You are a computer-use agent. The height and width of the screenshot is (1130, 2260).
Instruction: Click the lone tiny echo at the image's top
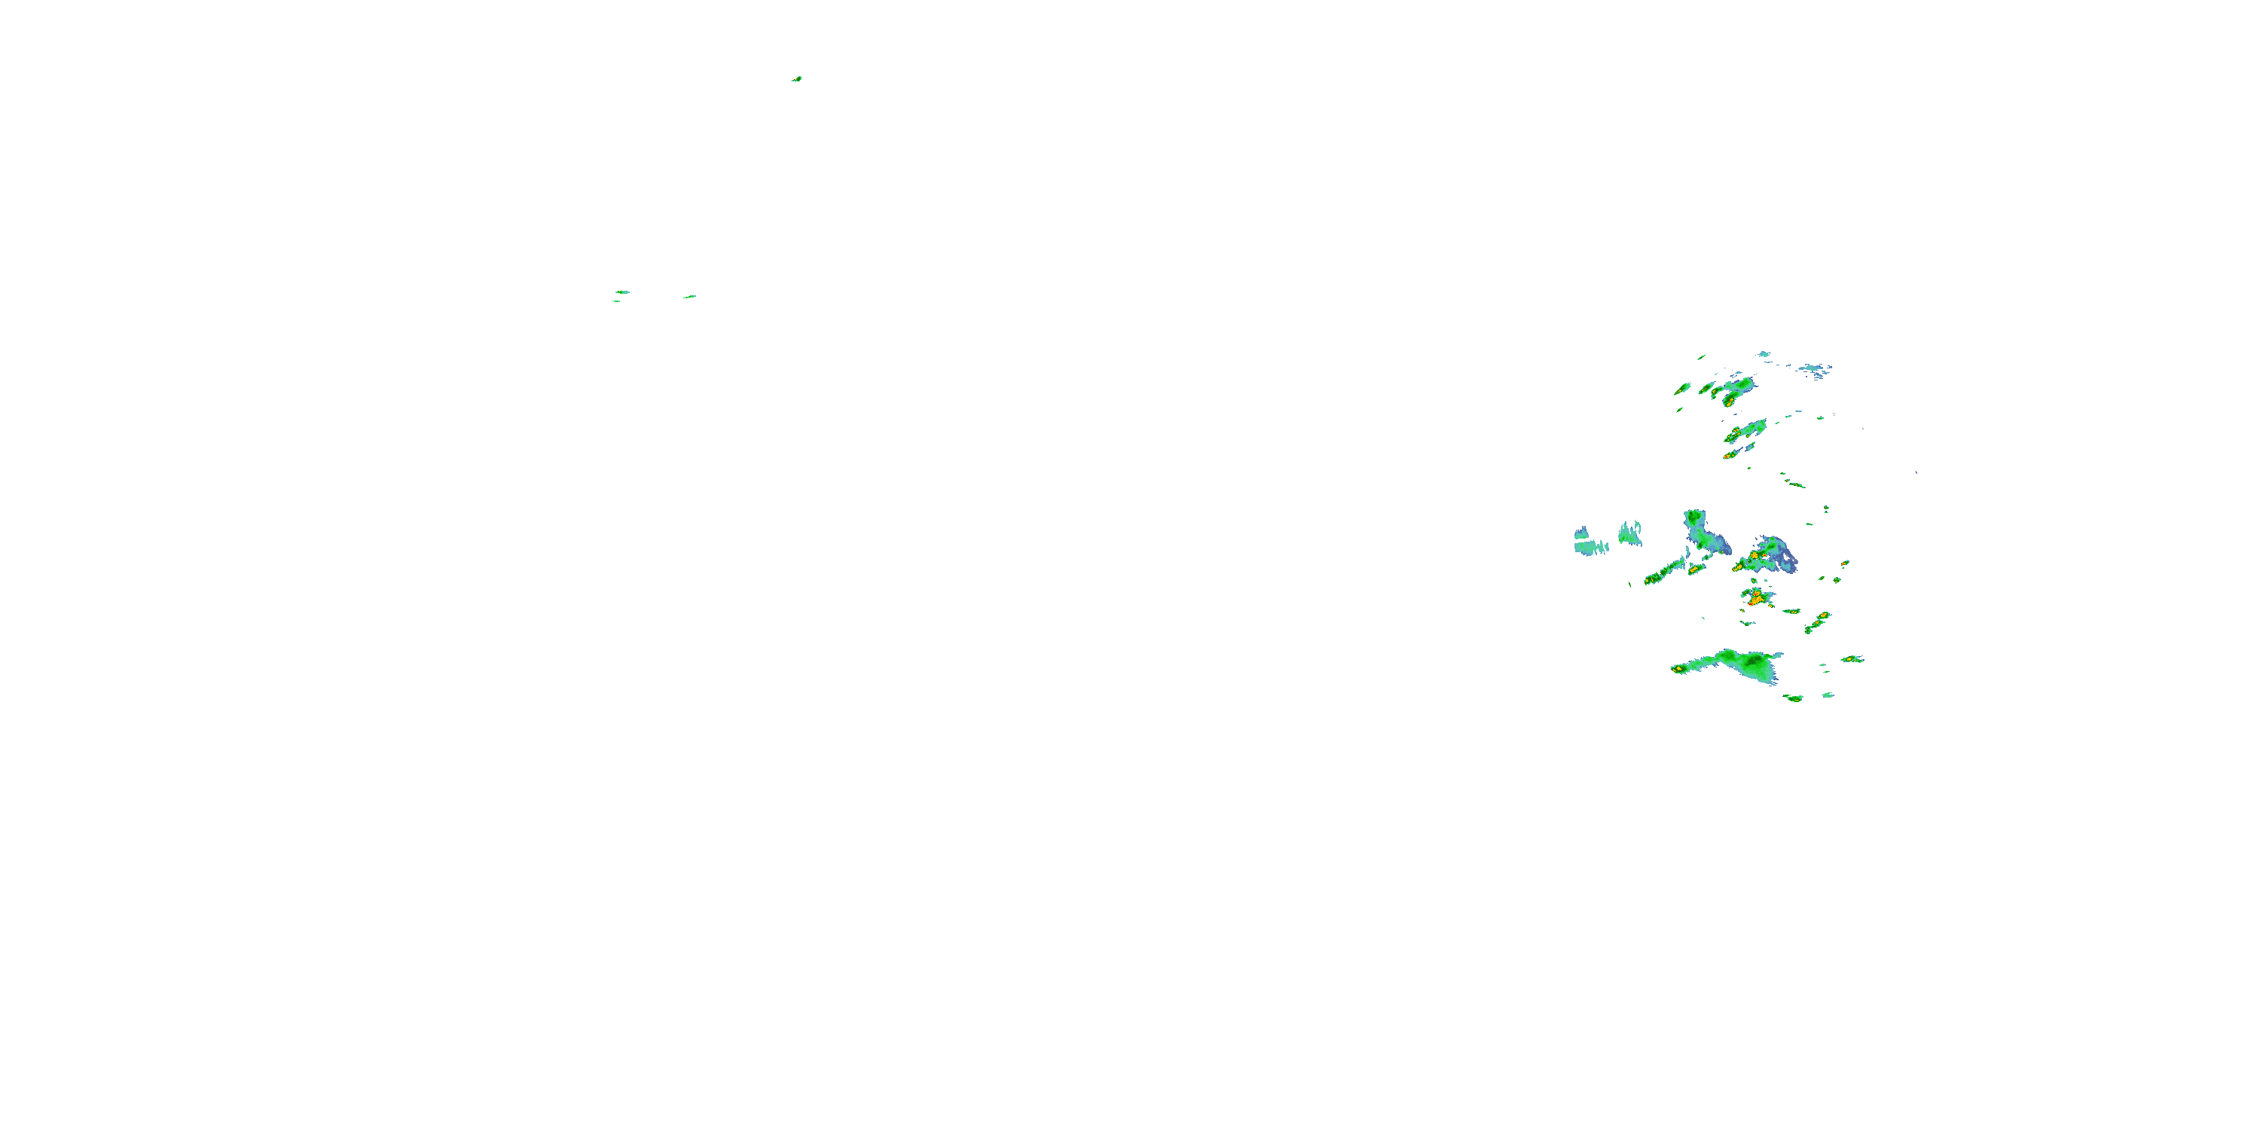coord(796,79)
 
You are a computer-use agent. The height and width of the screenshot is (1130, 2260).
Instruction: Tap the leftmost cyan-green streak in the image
coord(622,292)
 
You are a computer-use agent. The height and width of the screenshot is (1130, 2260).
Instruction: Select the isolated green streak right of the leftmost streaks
coord(689,297)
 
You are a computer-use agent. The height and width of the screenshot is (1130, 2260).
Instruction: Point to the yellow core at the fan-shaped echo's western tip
coord(1678,670)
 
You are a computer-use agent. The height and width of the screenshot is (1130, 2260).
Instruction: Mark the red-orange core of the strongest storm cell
coord(1755,600)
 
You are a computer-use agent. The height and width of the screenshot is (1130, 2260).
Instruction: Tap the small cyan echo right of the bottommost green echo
coord(1828,695)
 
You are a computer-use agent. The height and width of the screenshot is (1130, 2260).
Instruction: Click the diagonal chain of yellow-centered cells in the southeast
coord(1817,623)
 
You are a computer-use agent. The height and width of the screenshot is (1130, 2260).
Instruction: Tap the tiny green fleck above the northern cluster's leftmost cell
coord(1701,357)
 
